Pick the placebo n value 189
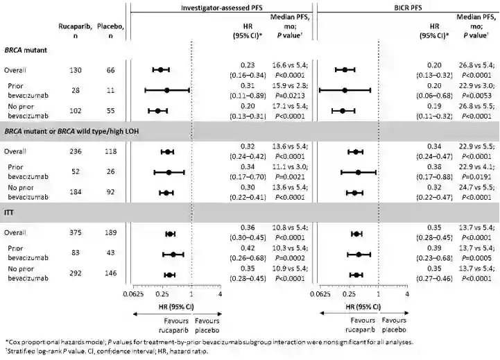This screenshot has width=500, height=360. tap(105, 234)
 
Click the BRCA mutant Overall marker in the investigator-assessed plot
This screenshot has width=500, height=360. tap(161, 70)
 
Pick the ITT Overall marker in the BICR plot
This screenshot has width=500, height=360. tap(356, 234)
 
